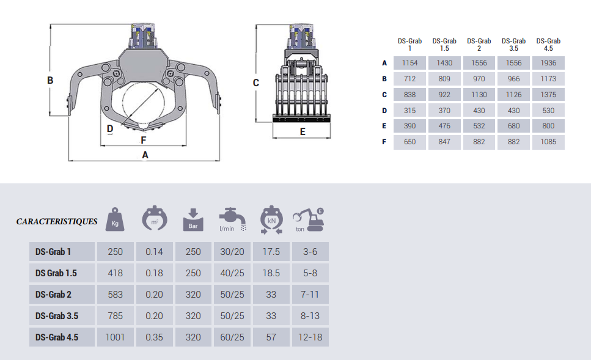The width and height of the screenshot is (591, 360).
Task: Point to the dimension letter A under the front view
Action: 145,155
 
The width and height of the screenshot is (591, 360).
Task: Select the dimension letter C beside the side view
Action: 256,83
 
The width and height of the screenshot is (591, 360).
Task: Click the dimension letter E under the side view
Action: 303,131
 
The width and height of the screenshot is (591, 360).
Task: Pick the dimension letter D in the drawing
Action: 110,128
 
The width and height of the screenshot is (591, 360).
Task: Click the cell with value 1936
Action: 548,63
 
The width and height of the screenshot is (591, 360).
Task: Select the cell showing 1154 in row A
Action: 409,63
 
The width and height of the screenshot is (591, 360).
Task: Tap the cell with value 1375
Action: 548,95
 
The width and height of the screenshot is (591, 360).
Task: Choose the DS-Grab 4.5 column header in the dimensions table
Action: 548,45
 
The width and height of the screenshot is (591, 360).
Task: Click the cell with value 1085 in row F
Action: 548,142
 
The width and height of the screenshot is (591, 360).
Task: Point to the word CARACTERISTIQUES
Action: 57,221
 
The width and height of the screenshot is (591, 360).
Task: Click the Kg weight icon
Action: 115,220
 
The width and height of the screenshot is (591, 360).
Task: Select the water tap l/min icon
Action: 232,219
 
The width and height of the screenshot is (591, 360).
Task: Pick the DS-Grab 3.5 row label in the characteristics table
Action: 57,316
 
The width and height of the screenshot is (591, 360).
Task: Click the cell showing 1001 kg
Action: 115,337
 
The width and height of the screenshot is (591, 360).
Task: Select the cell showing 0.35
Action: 154,337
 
